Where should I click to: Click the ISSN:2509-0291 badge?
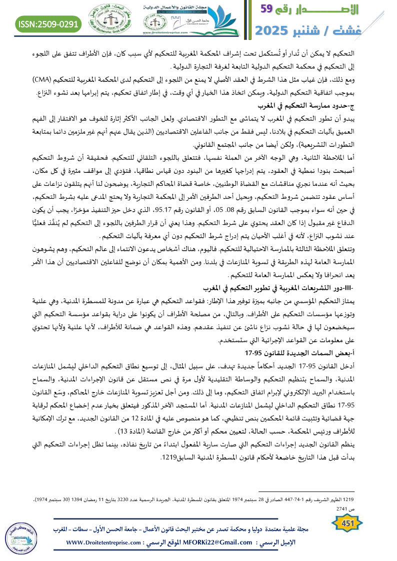click(49, 24)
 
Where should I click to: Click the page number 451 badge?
click(344, 523)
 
